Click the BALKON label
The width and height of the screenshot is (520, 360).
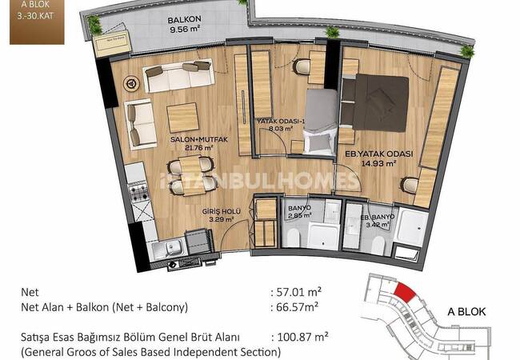coord(184,20)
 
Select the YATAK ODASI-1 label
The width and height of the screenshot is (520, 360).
coord(282,122)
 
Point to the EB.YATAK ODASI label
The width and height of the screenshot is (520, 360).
coord(378,154)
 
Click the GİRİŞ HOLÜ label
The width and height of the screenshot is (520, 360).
coord(222,211)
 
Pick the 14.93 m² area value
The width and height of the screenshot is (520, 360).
coord(378,163)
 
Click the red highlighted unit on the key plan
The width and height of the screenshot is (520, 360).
coord(405,292)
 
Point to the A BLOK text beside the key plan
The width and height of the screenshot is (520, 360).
coord(466,312)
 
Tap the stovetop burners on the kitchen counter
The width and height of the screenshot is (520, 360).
coord(139,193)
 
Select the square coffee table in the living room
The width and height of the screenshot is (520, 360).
coord(182,118)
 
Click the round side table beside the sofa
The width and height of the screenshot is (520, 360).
coord(131,83)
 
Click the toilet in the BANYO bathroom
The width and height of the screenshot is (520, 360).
coord(293,238)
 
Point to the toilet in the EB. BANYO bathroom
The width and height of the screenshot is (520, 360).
coord(378,246)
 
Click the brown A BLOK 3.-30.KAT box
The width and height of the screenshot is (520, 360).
coord(37,22)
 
